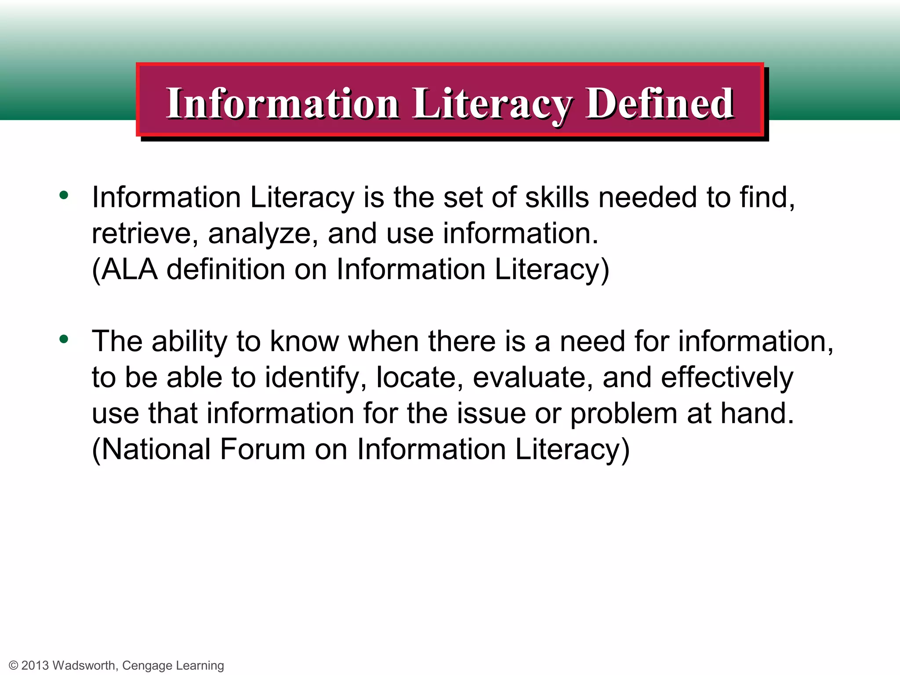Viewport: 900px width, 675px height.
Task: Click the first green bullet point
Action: [64, 195]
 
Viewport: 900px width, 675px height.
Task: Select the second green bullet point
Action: [64, 339]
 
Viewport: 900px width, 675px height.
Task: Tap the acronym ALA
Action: [129, 269]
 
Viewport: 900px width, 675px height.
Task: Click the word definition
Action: [226, 269]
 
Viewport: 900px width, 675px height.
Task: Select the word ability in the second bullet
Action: [189, 341]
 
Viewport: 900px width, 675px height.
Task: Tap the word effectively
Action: [727, 377]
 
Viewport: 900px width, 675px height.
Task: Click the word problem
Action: [624, 414]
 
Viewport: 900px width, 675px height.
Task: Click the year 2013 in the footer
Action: [35, 665]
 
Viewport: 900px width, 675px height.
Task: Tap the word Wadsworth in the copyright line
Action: [84, 665]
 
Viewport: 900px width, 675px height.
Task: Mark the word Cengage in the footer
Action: [147, 666]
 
